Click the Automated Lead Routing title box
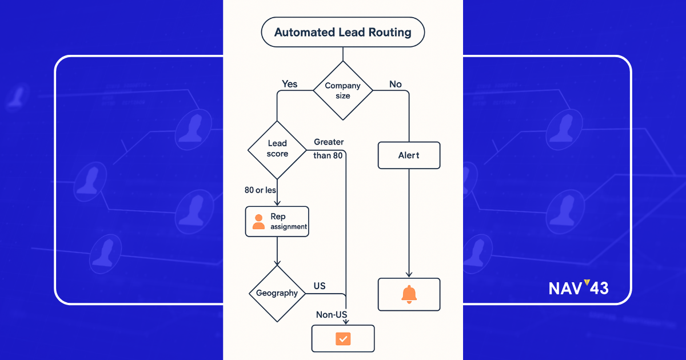click(x=342, y=32)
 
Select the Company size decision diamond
click(x=342, y=90)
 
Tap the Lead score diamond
click(x=277, y=149)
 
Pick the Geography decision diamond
click(x=277, y=293)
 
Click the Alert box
click(x=409, y=155)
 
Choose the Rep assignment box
click(x=277, y=222)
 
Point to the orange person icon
click(x=258, y=222)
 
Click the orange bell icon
click(x=409, y=294)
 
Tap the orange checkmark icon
click(x=342, y=338)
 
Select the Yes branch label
click(x=290, y=84)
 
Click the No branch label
click(x=396, y=84)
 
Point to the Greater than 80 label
click(x=328, y=149)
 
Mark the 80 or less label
click(x=260, y=190)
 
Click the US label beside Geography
click(x=320, y=286)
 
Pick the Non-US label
click(x=332, y=315)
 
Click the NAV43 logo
click(x=578, y=288)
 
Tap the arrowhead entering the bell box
click(x=409, y=274)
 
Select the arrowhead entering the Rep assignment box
click(x=277, y=203)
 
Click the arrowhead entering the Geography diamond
click(x=277, y=262)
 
